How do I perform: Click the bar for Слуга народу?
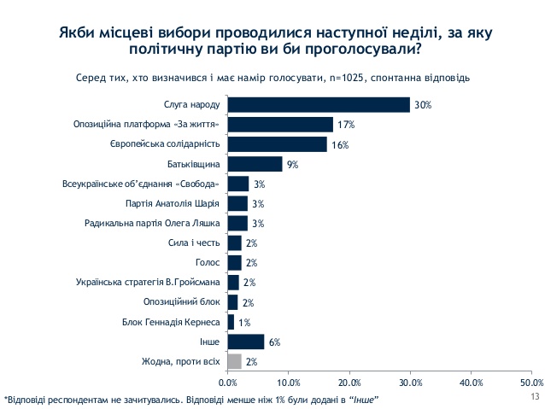[x=319, y=105]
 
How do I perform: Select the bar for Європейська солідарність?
[x=278, y=144]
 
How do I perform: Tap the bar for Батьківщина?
[x=255, y=164]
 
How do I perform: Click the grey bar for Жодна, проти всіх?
[x=235, y=361]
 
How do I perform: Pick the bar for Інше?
[x=246, y=342]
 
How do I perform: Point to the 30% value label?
[x=423, y=105]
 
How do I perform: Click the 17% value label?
[x=345, y=125]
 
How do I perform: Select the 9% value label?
[x=293, y=164]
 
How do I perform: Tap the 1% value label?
[x=244, y=322]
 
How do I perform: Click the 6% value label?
[x=274, y=342]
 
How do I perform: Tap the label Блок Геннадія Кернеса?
[x=174, y=322]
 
